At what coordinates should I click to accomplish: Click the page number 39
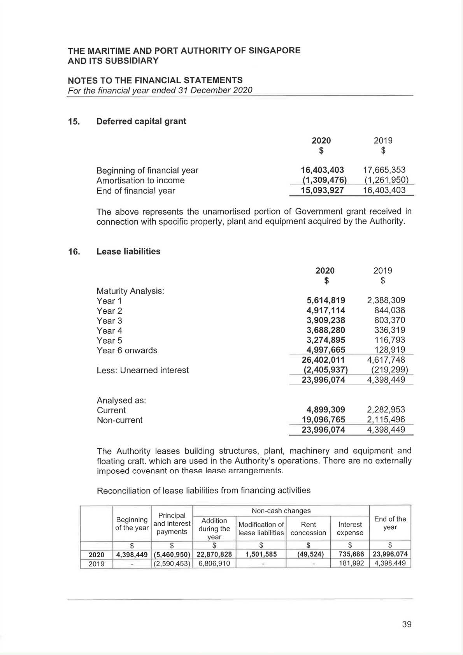pos(407,624)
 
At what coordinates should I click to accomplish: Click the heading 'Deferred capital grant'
pos(141,121)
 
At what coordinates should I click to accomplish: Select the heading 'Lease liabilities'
pos(128,251)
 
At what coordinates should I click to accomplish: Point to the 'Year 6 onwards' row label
pos(127,350)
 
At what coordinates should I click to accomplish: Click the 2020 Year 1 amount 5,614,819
pos(326,300)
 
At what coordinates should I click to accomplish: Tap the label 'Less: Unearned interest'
pos(142,370)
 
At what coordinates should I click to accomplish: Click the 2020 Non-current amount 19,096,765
pos(323,420)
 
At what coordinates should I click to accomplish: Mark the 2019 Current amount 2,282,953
pos(386,410)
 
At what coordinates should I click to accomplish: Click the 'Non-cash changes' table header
pos(281,511)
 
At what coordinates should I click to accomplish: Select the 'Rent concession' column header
pos(308,529)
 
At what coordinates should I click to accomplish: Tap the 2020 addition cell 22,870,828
pos(214,554)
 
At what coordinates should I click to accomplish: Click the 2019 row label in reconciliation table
pos(96,564)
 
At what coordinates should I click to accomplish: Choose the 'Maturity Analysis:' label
pos(130,291)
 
